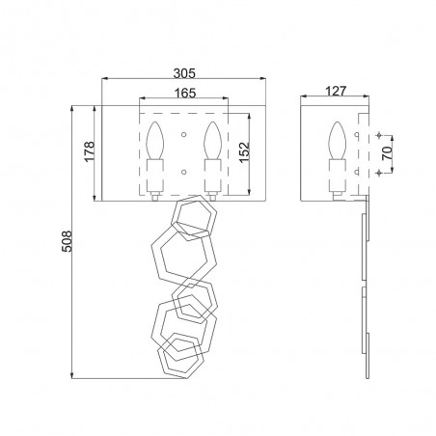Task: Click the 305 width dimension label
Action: coord(184,73)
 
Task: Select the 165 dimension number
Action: coord(185,93)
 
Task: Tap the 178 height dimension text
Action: coord(90,151)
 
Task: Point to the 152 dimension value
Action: coord(244,152)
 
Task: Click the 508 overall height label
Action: coord(67,241)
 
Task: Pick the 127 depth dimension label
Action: coord(336,91)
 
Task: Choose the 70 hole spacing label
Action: coord(388,153)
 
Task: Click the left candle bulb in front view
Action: coord(155,140)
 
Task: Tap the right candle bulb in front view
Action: coord(213,140)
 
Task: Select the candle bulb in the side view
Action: coord(338,140)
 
